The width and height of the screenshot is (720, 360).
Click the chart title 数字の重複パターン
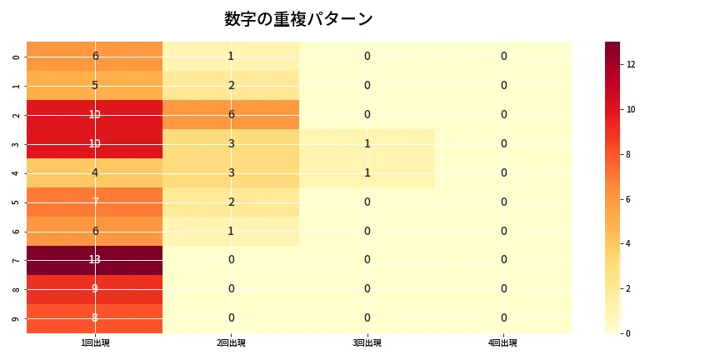[298, 19]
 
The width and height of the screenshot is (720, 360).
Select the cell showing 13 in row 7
[95, 260]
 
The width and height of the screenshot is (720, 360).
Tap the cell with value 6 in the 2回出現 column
[231, 114]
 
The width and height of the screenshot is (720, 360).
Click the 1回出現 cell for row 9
[95, 318]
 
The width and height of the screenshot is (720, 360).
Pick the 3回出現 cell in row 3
[367, 143]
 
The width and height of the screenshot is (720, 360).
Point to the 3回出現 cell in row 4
[367, 172]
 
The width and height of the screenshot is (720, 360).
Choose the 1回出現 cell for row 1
[95, 85]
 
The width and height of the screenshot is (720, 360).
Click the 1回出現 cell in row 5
[95, 202]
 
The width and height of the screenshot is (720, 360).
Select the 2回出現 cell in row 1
[231, 85]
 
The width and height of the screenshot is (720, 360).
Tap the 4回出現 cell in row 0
[503, 56]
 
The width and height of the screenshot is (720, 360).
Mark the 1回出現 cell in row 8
[95, 289]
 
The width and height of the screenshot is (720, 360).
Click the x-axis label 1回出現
[95, 343]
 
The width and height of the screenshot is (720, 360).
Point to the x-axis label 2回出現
[231, 343]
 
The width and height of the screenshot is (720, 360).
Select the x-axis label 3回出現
[367, 343]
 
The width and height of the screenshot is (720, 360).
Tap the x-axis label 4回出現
[503, 343]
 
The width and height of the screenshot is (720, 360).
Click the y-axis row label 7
[17, 260]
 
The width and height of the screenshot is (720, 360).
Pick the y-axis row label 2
[17, 114]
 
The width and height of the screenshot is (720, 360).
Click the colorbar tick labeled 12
[632, 64]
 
